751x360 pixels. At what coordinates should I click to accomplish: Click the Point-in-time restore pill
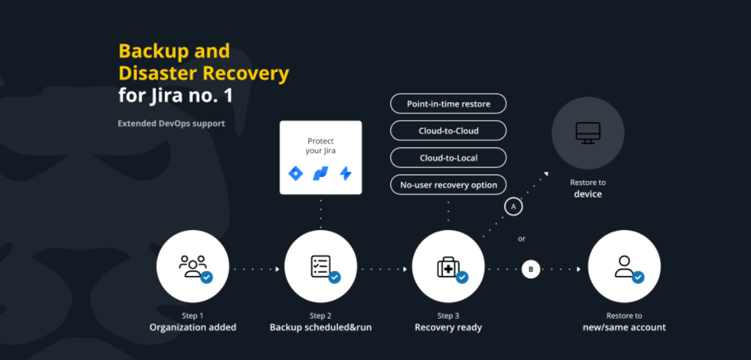(448, 104)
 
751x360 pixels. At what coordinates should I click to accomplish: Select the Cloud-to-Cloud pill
(448, 130)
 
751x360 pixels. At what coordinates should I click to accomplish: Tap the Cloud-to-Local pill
(448, 157)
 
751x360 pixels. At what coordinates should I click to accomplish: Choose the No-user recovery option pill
(448, 185)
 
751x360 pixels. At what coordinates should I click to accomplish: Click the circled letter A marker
(514, 207)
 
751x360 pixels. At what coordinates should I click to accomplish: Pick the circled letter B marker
(531, 269)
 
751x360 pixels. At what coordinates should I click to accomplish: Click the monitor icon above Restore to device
(588, 132)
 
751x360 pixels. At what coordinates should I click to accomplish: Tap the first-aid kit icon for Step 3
(448, 267)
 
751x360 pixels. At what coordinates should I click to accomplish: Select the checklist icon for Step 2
(321, 266)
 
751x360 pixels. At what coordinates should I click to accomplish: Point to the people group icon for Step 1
(193, 266)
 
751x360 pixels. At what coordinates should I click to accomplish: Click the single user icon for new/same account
(624, 266)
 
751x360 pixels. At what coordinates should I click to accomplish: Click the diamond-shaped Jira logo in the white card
(296, 173)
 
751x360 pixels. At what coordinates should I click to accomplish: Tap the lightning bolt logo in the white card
(345, 173)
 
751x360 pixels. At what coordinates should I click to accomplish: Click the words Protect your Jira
(321, 146)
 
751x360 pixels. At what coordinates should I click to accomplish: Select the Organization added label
(193, 327)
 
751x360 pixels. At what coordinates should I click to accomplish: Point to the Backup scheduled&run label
(321, 327)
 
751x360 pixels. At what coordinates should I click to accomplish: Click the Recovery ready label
(448, 327)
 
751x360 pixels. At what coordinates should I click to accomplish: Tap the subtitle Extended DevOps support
(171, 123)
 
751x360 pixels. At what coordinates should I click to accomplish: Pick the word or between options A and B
(521, 239)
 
